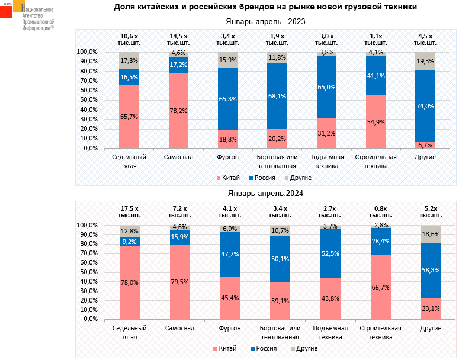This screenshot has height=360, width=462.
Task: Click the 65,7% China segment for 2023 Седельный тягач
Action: click(129, 117)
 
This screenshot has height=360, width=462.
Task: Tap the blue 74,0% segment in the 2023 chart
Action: click(425, 106)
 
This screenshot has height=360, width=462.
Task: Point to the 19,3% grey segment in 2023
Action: click(425, 61)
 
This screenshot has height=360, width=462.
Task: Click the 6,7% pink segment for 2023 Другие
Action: click(425, 145)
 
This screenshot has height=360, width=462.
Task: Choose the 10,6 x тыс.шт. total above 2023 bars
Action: click(129, 40)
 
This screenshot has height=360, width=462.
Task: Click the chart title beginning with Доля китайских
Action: click(265, 7)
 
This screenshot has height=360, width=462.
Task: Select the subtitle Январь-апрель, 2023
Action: click(266, 22)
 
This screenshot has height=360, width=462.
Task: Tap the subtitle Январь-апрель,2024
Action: click(266, 193)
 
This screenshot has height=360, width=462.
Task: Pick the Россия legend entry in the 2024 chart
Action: click(267, 348)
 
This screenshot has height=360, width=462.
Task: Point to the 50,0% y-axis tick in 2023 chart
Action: click(88, 100)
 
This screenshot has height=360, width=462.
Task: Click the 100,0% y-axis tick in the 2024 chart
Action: click(88, 226)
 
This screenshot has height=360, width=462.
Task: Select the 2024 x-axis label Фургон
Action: click(228, 329)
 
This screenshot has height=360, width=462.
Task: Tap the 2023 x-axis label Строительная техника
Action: click(376, 162)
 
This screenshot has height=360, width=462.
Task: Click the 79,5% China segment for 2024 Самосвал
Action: click(178, 282)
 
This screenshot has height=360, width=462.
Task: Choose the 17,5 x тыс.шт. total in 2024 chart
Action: click(129, 212)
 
